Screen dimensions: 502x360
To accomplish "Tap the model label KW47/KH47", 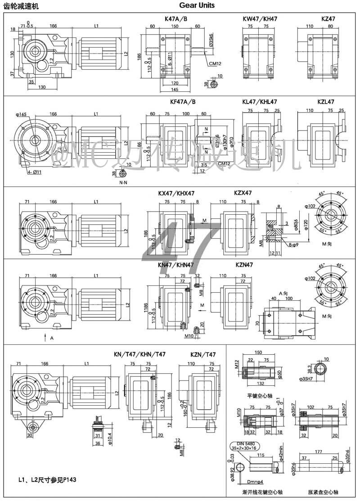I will coord(260,19).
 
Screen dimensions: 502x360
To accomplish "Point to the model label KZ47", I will coord(328,19).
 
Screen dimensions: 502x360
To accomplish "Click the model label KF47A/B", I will coord(183,102).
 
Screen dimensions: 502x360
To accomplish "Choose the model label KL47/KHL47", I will coord(260,102).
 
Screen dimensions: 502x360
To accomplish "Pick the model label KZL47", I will coord(326,102).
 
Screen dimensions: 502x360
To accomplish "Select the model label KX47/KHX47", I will coord(176,193).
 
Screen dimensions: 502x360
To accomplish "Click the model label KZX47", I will coord(243,193).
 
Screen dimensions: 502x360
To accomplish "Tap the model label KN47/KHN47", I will coord(176,265).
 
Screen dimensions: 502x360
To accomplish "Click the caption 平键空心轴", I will coord(257,396).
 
